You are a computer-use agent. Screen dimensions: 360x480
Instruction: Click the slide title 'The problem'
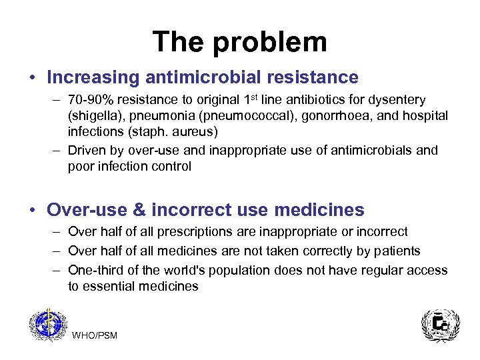239,41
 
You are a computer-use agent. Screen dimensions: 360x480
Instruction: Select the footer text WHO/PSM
94,335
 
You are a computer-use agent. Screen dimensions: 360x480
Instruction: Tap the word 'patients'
397,251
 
